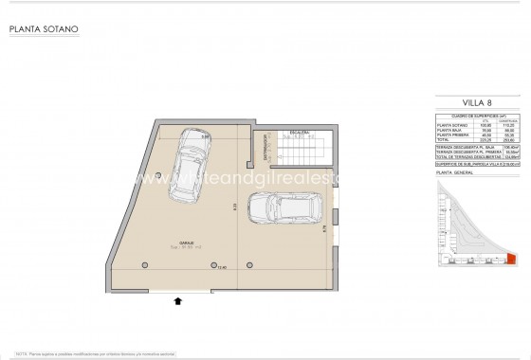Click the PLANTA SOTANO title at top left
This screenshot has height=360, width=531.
(x=44, y=29)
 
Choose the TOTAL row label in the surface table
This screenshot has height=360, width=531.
(x=445, y=140)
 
